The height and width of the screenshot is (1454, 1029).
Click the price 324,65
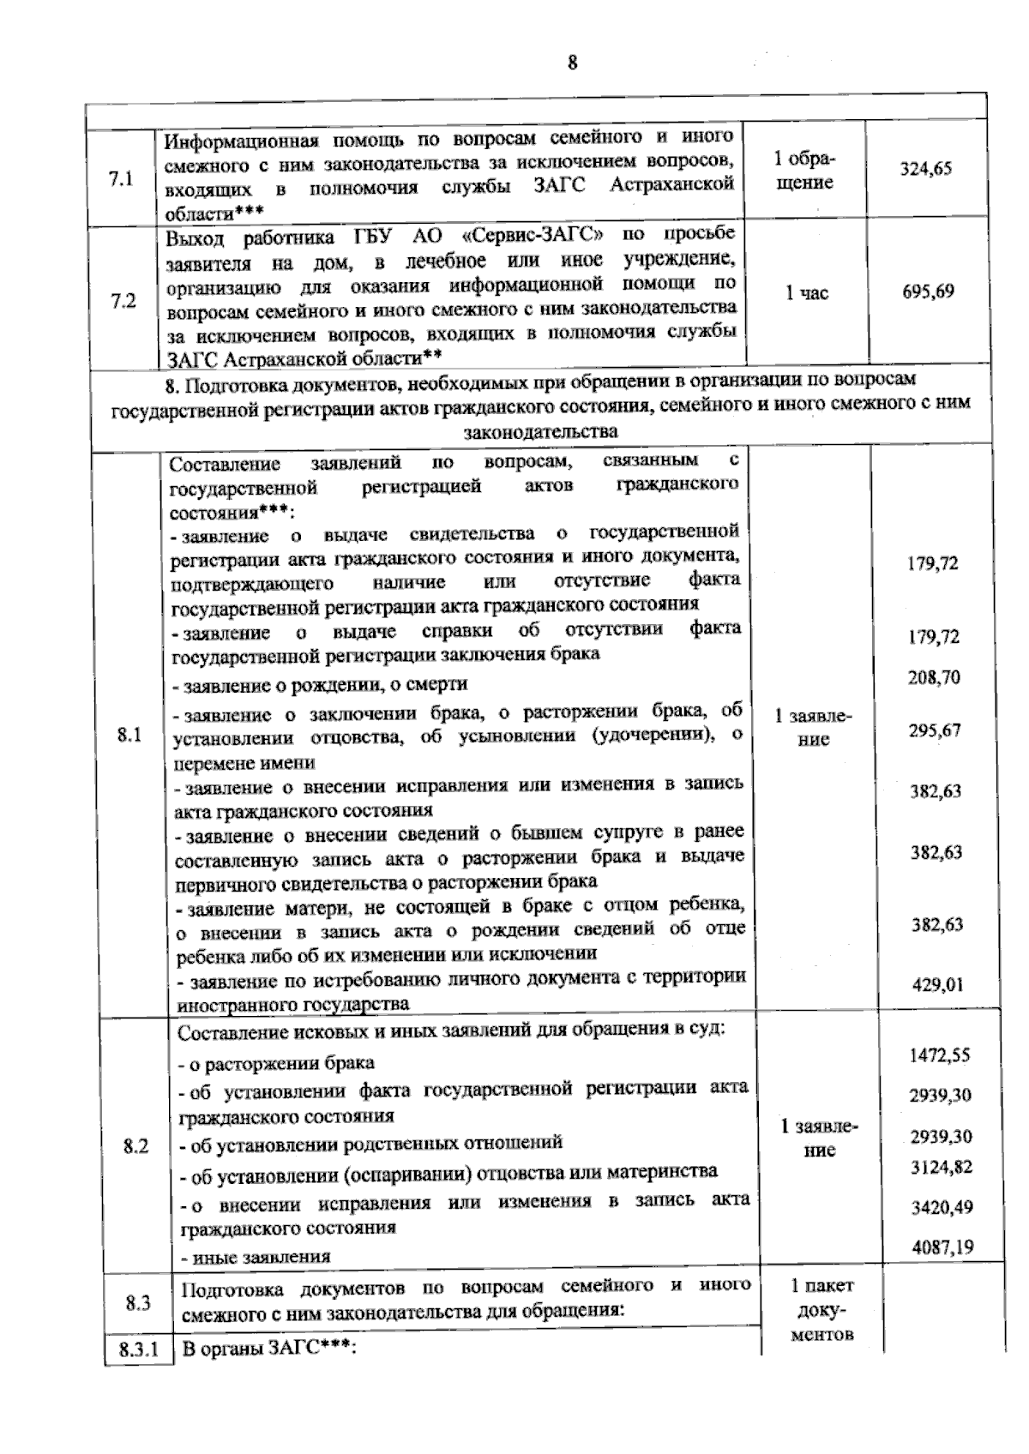[925, 169]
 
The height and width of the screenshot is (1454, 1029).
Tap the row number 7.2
[123, 302]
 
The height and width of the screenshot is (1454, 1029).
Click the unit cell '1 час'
[806, 293]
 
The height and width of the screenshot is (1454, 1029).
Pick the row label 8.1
[129, 735]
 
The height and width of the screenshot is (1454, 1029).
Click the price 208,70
[934, 677]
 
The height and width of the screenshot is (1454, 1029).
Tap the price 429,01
[938, 984]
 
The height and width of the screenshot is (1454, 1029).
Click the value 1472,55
[940, 1054]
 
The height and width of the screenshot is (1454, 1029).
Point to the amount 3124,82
[942, 1167]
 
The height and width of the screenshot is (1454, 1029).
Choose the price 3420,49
[942, 1207]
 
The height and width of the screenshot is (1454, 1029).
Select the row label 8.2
[135, 1146]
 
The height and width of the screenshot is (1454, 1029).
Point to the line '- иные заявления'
[255, 1257]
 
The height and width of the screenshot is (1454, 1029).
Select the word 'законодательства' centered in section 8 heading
[540, 430]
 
